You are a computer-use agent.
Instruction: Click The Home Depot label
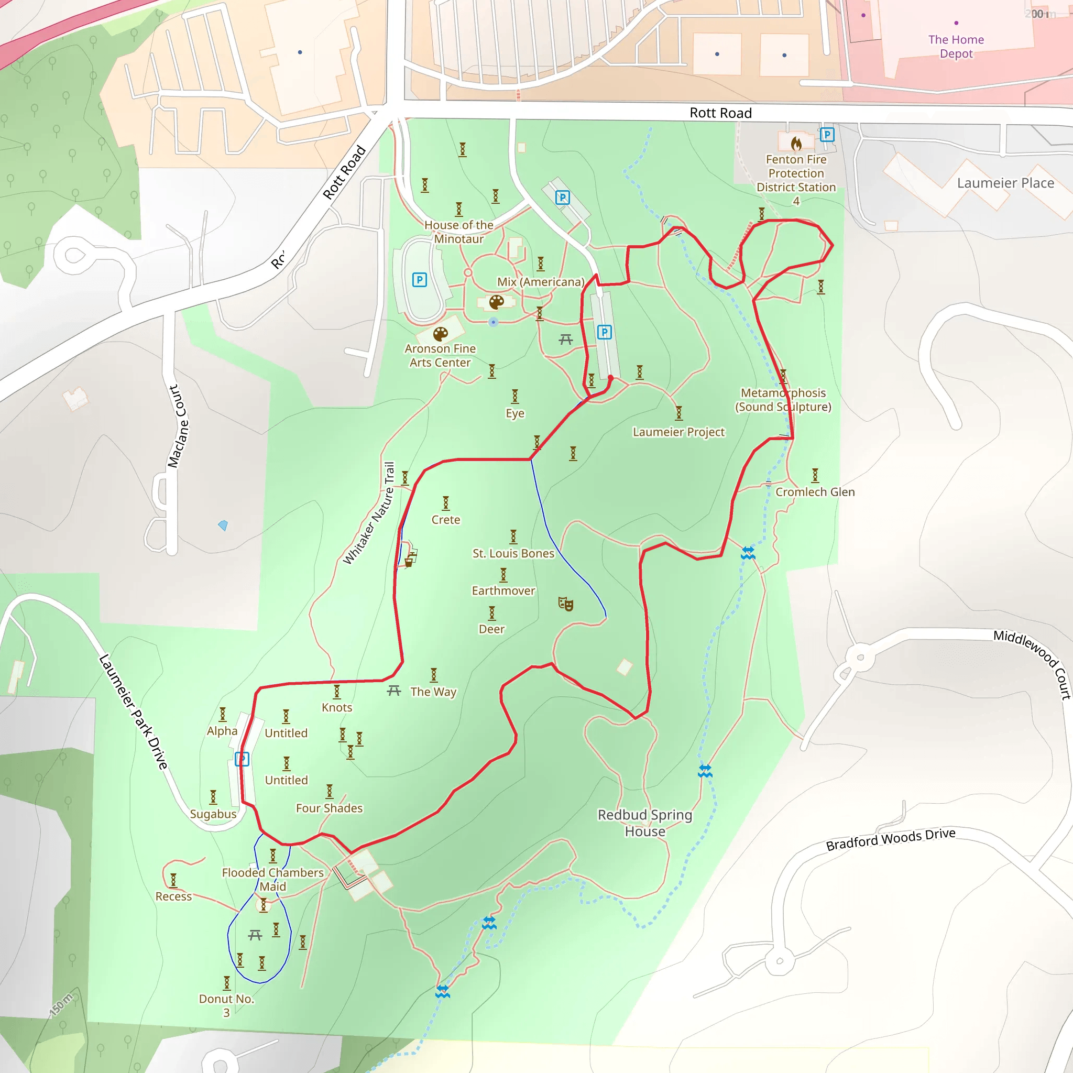pos(956,47)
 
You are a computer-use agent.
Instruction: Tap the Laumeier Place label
pos(1005,183)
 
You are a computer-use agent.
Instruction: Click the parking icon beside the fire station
pos(827,135)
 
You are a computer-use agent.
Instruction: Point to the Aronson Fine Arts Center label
pos(441,355)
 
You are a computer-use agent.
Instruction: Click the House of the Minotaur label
pos(459,232)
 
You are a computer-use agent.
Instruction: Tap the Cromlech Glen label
pos(815,492)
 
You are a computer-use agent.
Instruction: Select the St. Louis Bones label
pos(513,553)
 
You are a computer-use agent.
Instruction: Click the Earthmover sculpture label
pos(503,590)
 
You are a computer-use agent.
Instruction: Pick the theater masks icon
pos(565,604)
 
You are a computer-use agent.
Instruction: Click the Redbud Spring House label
pos(645,823)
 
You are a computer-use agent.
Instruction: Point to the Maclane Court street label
pos(179,426)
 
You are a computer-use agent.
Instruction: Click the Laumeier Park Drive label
pos(133,712)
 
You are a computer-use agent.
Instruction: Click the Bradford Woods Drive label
pos(890,839)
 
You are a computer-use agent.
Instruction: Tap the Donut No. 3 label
pos(226,1005)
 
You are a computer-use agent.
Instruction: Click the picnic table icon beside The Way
pos(394,691)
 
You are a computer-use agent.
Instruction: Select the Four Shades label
pos(329,808)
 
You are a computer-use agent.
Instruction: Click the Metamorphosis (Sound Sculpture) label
pos(783,400)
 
